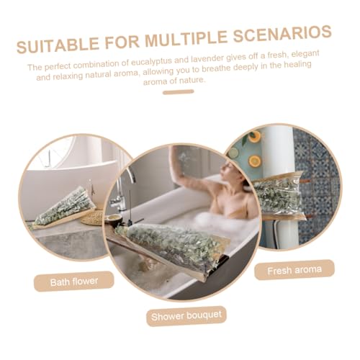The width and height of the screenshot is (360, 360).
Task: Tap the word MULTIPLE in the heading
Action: click(x=186, y=39)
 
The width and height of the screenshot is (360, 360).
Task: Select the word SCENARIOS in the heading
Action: click(x=282, y=35)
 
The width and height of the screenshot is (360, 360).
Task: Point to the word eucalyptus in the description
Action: click(x=152, y=62)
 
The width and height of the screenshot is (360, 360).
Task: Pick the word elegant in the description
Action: click(x=305, y=54)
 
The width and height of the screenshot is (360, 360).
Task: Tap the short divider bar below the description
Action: click(x=179, y=92)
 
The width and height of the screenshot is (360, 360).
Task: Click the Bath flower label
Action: click(x=74, y=282)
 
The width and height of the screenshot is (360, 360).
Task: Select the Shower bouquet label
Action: click(x=186, y=316)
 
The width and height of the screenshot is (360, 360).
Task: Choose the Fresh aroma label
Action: click(x=294, y=270)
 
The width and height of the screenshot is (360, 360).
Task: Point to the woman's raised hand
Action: click(x=178, y=156)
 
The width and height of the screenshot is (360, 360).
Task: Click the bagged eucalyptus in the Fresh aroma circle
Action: click(x=279, y=194)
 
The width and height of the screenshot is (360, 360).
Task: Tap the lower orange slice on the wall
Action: click(x=254, y=161)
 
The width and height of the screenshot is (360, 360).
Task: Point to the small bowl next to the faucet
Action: click(x=112, y=219)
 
